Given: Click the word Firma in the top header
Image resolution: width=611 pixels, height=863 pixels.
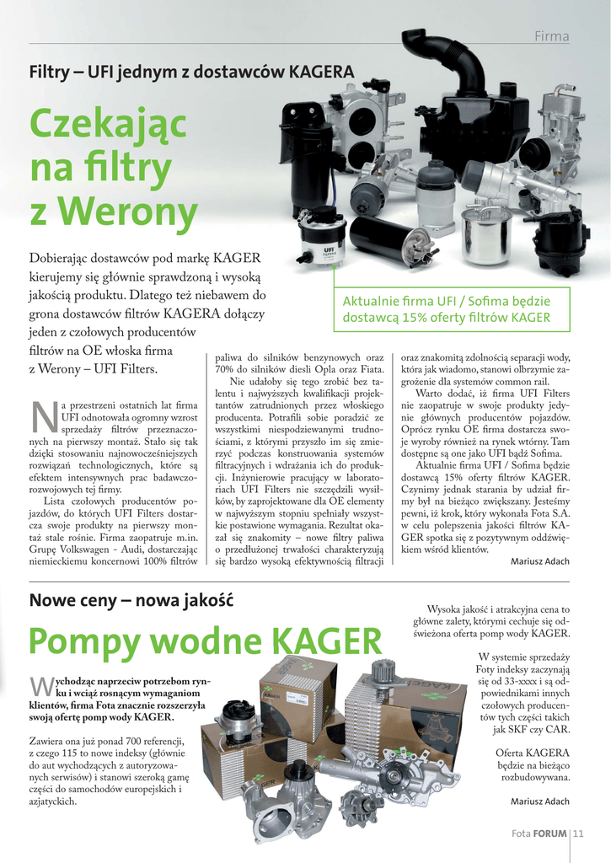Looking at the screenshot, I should pos(552,36).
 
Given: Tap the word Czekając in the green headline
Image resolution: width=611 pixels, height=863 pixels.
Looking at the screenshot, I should pos(108,126).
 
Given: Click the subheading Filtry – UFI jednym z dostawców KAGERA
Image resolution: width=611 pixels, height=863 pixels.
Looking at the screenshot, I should pos(191,72).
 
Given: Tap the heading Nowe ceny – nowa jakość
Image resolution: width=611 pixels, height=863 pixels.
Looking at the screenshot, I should pos(131,601).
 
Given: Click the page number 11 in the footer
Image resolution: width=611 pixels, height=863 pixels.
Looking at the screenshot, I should pos(579,834).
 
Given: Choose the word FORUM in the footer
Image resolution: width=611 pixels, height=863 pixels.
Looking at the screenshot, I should pos(549,834).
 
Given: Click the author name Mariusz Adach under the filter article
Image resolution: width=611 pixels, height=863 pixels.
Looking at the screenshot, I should pos(539,562).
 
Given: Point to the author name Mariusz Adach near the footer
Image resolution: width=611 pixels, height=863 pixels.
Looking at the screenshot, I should pos(539,801).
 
